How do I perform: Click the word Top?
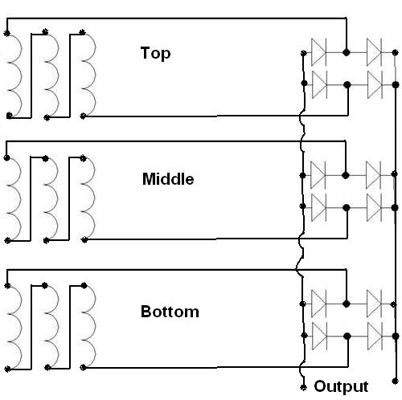pos(155,53)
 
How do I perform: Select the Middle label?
pos(168,179)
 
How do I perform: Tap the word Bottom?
pos(170,312)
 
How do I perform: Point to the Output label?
pos(341,386)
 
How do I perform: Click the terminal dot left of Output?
pos(303,387)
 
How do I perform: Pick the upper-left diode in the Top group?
pos(318,52)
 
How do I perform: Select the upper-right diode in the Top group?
pos(374,52)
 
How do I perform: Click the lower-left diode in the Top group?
pos(320,84)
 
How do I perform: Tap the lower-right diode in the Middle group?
pos(374,207)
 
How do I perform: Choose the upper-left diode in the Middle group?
pos(318,175)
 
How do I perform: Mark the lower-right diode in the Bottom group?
pos(375,336)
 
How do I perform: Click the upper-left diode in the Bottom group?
pos(319,304)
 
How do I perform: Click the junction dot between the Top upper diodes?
pos(347,52)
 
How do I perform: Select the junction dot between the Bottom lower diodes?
pos(347,336)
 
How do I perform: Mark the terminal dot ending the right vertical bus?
pos(395,381)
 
